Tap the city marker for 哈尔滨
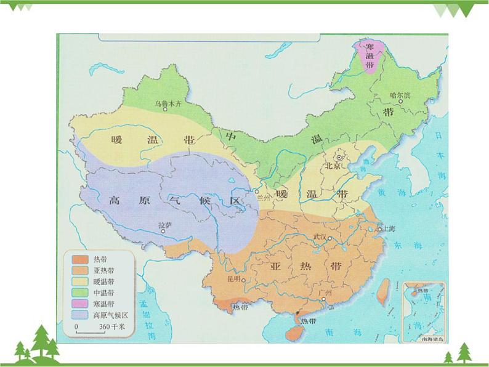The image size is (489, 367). pos(400,102)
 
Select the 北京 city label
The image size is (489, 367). pos(333,165)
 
